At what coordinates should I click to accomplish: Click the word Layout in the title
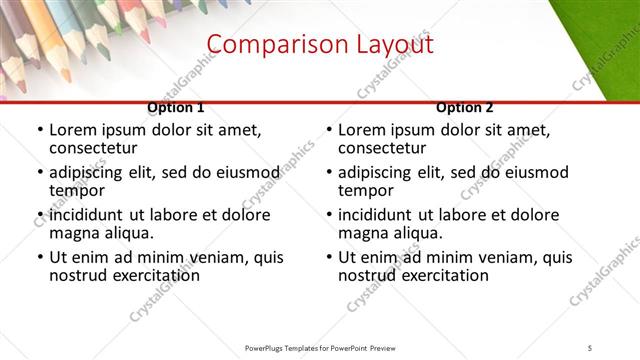386,45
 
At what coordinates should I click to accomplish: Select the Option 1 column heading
175,107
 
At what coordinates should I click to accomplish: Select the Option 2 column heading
464,107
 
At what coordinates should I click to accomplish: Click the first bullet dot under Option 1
40,131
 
